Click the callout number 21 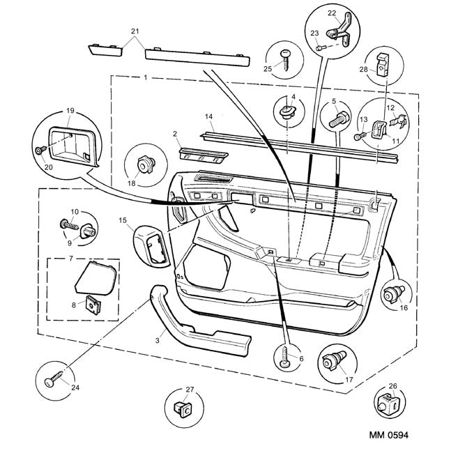135,31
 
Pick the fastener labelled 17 330,363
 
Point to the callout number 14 208,116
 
